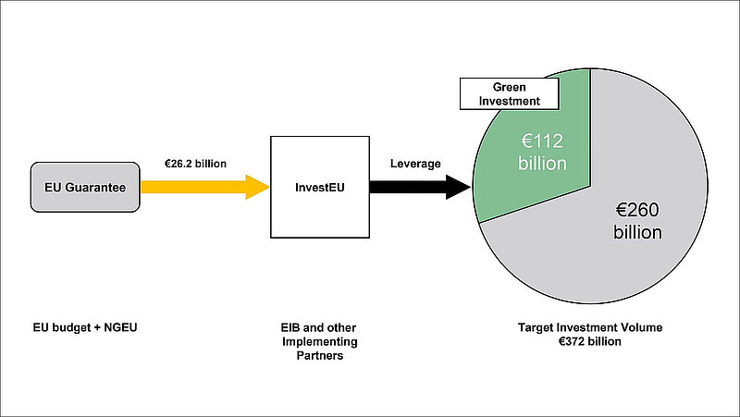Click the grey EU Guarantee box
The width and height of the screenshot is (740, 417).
coord(85,187)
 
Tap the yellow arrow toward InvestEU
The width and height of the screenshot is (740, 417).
coord(203,187)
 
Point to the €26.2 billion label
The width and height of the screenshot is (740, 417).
coord(196,164)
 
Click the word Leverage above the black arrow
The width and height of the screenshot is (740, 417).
coord(415,164)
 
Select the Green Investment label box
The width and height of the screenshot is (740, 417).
coord(509,93)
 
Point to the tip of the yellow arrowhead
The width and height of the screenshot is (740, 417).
coord(269,187)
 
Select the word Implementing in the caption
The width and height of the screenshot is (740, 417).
coord(318,341)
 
